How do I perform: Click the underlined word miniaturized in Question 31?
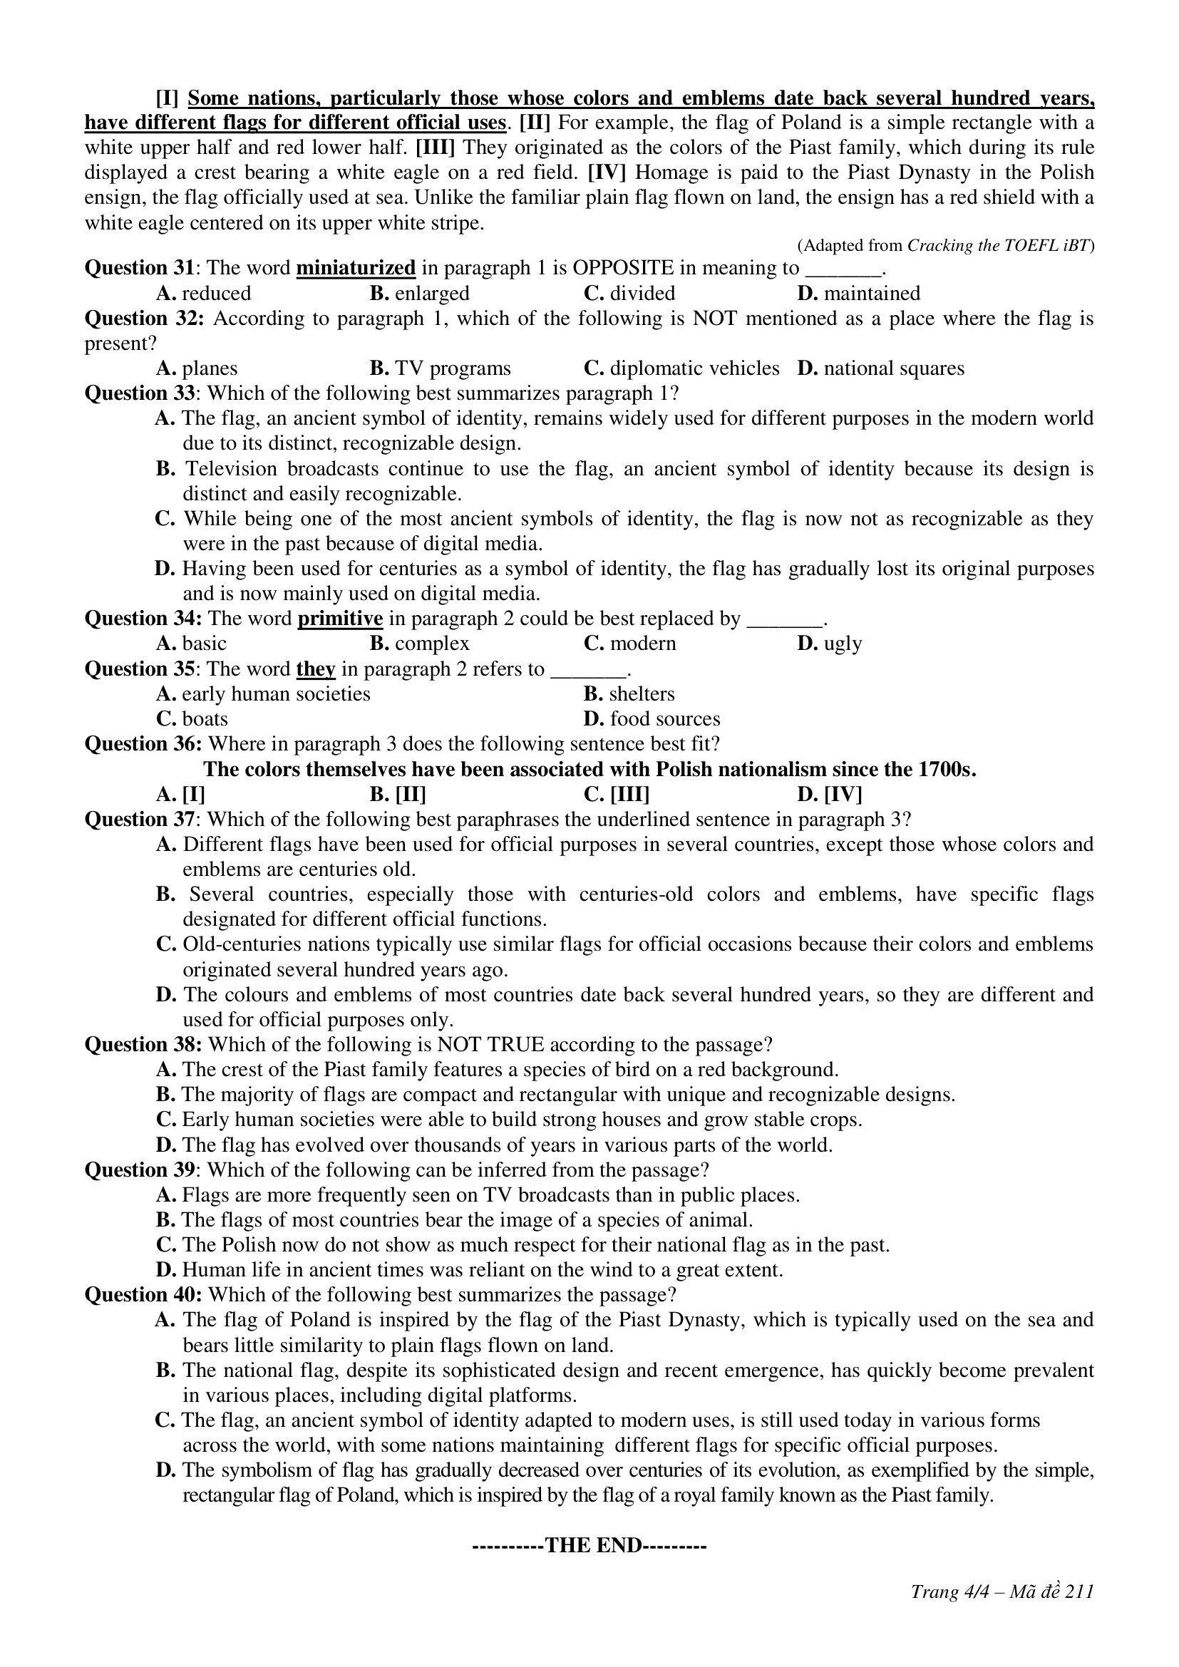[x=356, y=268]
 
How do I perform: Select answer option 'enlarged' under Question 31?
[x=432, y=294]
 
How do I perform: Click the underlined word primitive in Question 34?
[x=340, y=619]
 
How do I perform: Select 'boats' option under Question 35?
[x=205, y=719]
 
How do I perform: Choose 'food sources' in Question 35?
[x=664, y=719]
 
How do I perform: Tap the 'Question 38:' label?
[x=144, y=1045]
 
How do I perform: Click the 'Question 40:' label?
[x=144, y=1295]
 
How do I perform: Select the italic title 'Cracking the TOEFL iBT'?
[x=997, y=245]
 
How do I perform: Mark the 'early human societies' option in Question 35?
[x=276, y=694]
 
